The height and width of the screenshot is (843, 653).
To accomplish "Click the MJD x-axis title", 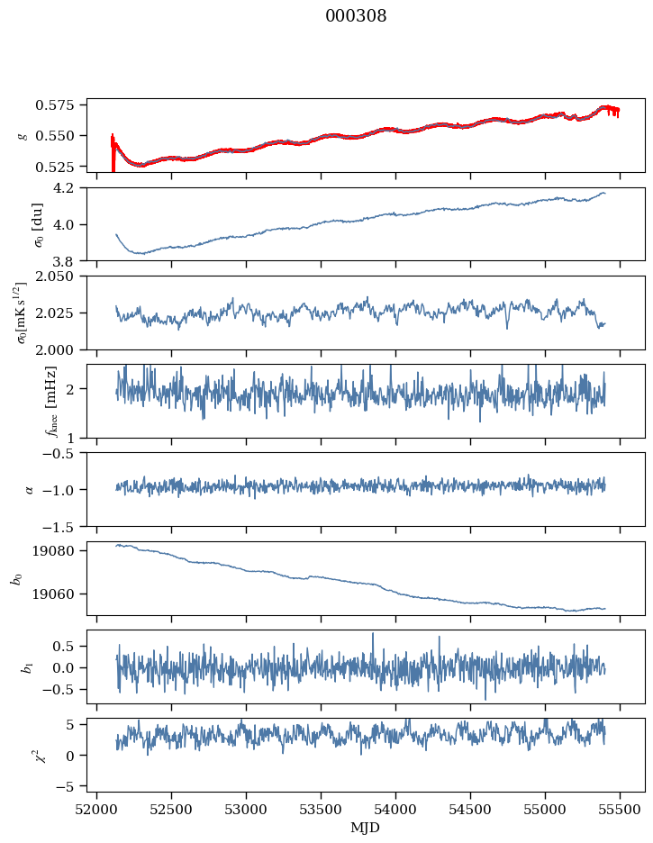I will click(365, 827).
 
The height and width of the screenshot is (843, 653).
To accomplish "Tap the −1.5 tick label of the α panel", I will click(64, 526).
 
